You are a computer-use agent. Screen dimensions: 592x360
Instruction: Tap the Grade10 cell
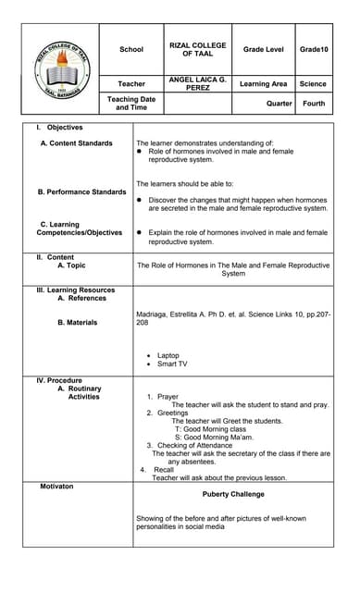[x=314, y=49]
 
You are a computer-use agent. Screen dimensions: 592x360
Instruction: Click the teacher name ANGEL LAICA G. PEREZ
[x=198, y=84]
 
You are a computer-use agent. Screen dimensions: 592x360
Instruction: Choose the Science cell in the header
[x=314, y=84]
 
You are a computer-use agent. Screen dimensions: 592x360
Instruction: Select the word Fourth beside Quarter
[x=314, y=104]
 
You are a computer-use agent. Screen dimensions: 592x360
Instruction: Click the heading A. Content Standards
[x=77, y=143]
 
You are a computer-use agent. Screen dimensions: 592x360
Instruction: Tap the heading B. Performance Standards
[x=81, y=191]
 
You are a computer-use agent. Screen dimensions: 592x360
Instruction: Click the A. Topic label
[x=71, y=265]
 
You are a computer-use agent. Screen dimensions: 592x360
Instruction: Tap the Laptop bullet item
[x=168, y=355]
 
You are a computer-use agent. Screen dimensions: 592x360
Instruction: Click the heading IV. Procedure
[x=59, y=380]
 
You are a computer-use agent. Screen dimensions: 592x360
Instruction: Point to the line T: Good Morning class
[x=210, y=429]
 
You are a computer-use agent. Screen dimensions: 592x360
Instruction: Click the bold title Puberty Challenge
[x=233, y=494]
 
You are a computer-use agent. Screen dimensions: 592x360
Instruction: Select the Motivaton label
[x=56, y=486]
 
